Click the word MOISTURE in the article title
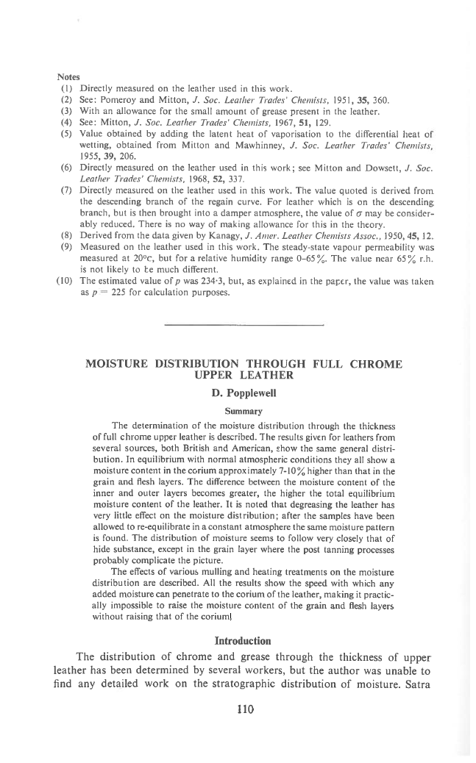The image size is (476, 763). click(x=118, y=365)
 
